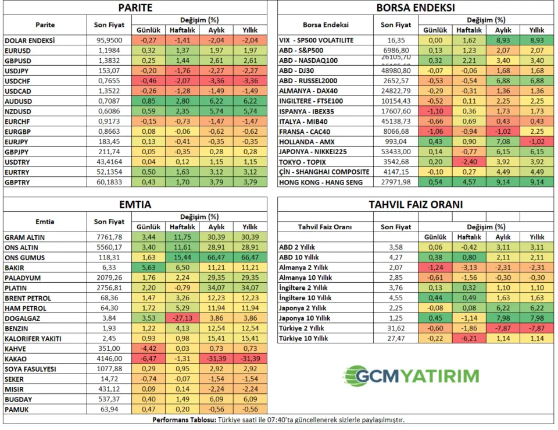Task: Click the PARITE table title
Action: point(135,8)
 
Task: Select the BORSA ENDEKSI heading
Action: point(415,8)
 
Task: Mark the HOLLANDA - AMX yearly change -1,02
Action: point(536,141)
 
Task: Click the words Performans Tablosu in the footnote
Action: point(184,420)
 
